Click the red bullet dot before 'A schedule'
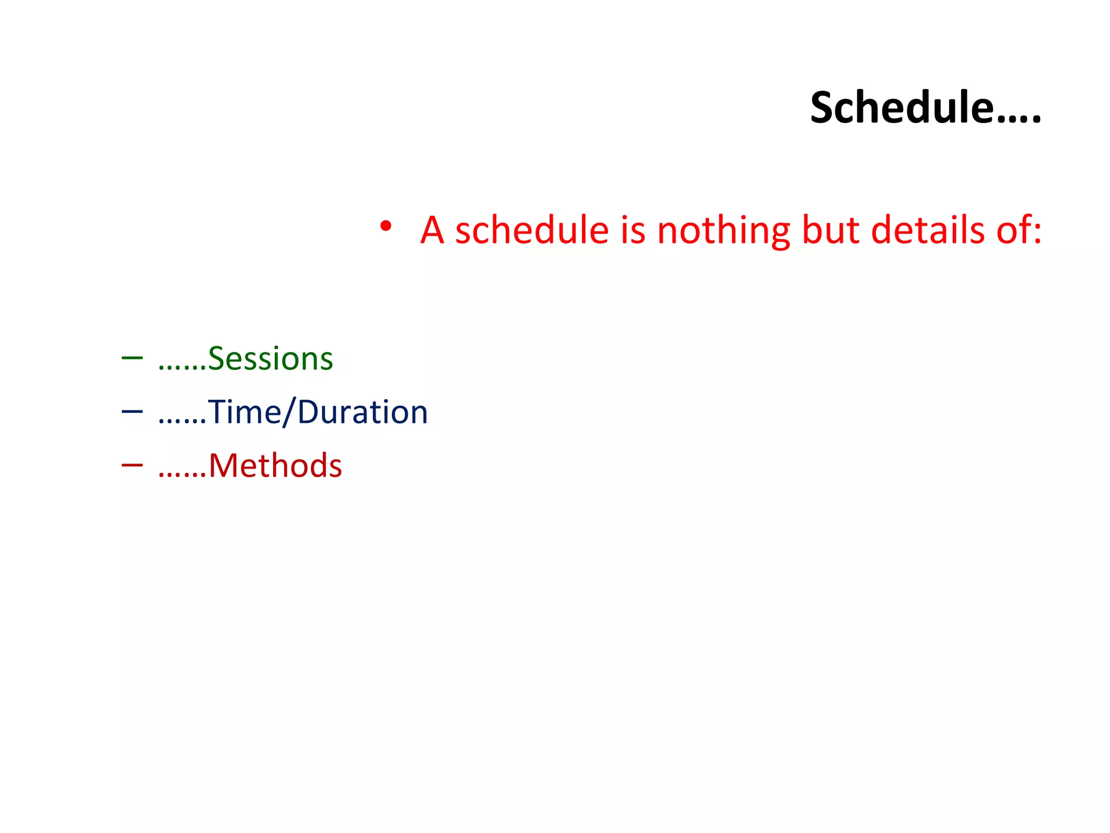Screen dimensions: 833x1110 click(385, 226)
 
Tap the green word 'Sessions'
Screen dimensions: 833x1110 click(270, 359)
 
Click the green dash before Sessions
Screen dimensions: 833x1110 click(132, 358)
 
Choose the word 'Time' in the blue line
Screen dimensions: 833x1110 click(244, 412)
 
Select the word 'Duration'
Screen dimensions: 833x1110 click(363, 412)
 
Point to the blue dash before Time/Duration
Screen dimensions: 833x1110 click(132, 412)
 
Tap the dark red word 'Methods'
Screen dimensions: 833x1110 click(275, 466)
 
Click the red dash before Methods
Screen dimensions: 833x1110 click(132, 465)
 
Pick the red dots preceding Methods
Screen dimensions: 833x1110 click(182, 476)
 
